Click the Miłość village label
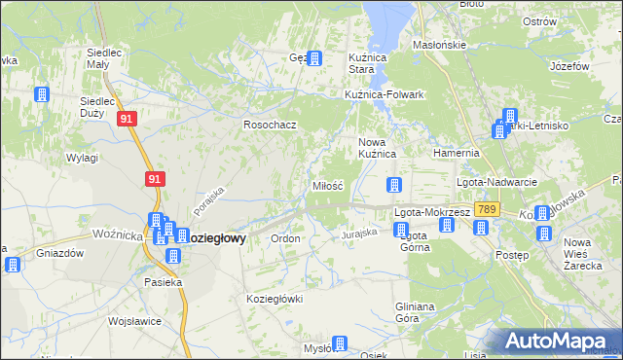tap(326, 185)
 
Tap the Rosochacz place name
tap(269, 125)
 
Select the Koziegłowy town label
tap(214, 237)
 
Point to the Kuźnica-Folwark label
tap(385, 94)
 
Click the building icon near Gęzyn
tap(313, 58)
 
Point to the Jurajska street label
tap(358, 234)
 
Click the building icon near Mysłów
tap(339, 343)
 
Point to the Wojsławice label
tap(132, 320)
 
